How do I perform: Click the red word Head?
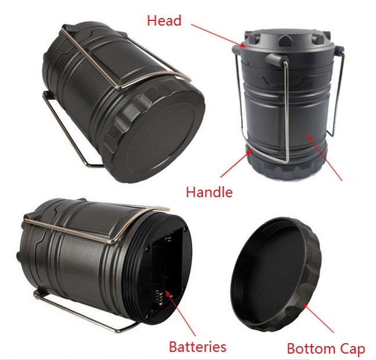[164, 20]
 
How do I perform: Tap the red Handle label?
[209, 192]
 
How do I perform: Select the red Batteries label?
[198, 347]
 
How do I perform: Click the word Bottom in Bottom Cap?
[311, 348]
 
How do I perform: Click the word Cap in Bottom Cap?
[352, 349]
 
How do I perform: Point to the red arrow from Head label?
[219, 35]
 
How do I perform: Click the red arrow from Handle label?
[237, 163]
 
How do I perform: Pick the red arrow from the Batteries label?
[180, 313]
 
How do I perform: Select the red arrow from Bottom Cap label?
[318, 318]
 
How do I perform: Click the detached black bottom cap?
[276, 274]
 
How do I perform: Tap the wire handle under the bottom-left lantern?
[81, 312]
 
